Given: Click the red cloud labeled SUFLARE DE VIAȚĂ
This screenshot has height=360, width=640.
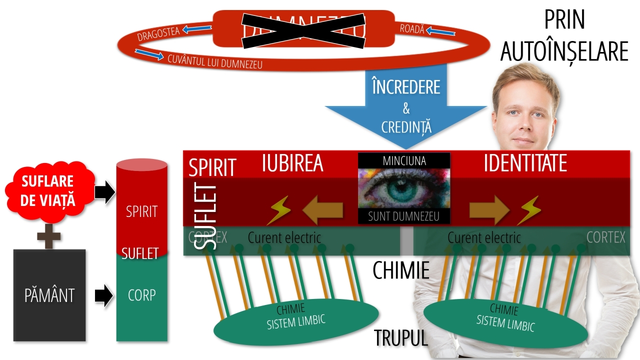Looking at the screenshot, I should (49, 191).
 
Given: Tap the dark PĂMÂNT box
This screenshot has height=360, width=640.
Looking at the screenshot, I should (49, 295).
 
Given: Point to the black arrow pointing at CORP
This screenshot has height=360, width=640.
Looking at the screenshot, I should (104, 295).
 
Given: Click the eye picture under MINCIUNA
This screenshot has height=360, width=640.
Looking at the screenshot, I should (404, 188).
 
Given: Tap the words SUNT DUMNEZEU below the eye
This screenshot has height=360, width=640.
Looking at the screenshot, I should (404, 216).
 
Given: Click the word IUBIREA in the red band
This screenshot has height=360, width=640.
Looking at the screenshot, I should (292, 164).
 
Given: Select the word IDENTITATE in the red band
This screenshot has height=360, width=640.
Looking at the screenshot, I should (525, 164).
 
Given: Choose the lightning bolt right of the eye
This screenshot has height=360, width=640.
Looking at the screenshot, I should (529, 210).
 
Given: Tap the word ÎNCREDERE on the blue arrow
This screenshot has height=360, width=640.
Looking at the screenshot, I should (406, 87).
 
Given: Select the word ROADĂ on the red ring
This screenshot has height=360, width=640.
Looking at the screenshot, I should (412, 29).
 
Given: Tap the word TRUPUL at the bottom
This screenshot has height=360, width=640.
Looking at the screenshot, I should (401, 338).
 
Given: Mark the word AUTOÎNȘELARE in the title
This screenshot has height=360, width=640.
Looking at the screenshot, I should (564, 51).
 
